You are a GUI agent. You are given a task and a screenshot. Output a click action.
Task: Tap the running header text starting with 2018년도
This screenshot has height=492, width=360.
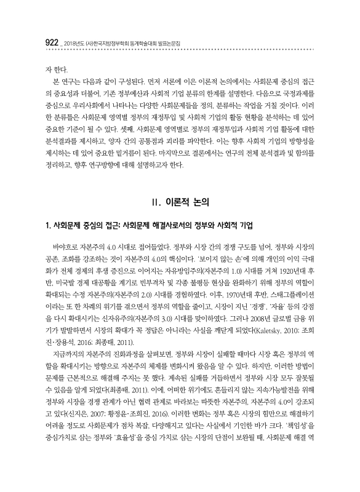point(117,43)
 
